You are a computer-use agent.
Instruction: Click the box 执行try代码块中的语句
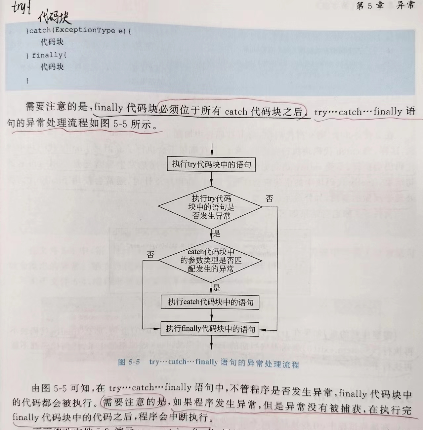pos(211,164)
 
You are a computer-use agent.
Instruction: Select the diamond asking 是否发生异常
pos(210,207)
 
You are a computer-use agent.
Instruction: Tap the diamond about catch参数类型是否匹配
pos(210,261)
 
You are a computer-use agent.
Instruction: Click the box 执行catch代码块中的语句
pos(210,302)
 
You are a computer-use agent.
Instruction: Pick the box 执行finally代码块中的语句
pos(210,329)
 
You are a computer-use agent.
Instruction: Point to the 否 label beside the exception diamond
pos(269,198)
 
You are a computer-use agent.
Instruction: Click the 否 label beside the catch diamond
pos(150,255)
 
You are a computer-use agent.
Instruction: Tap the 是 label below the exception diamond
pos(217,233)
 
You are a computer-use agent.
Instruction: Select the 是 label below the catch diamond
pos(217,288)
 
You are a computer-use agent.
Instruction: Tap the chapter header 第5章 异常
pos(385,5)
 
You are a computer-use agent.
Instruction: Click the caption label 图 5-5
pos(129,362)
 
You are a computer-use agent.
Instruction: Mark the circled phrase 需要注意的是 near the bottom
pos(134,402)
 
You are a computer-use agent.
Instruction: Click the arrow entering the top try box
pos(212,151)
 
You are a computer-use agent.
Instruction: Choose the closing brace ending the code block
pos(27,80)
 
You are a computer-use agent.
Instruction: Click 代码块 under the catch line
pos(52,42)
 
